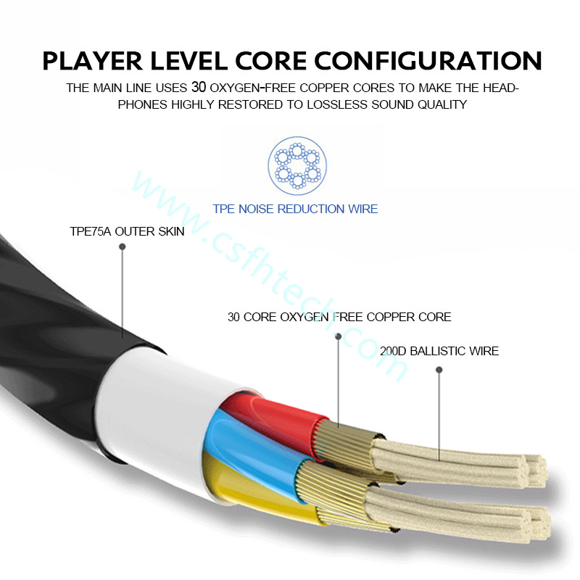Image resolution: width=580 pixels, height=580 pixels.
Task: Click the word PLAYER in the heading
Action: point(92,61)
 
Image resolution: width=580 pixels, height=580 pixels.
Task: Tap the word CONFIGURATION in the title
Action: point(428,61)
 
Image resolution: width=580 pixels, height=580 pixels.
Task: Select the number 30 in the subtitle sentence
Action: point(199,87)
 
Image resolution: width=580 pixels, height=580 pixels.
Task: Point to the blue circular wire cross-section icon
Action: point(297,165)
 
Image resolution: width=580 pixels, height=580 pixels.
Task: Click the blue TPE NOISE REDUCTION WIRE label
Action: point(295,209)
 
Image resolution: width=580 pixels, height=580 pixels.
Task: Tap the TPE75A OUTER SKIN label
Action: point(128,231)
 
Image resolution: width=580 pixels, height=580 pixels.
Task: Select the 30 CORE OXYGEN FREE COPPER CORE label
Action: point(339,317)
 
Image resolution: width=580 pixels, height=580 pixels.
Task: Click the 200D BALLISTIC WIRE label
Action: point(439,351)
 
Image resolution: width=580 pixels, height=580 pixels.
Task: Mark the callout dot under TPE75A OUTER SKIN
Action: point(123,246)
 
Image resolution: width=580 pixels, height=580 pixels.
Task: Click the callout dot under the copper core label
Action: point(338,336)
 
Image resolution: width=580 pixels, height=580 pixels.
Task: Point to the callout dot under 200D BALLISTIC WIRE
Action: point(439,370)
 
